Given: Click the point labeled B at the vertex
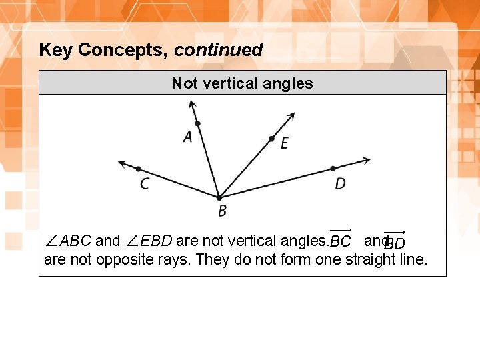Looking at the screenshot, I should [x=219, y=197].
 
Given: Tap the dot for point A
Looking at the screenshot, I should [x=197, y=123].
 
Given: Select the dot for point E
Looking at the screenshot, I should [x=272, y=139].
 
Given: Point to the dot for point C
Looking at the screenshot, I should [x=139, y=169].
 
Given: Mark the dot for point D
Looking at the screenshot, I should [x=333, y=169].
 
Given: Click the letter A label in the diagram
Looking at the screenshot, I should [x=187, y=137].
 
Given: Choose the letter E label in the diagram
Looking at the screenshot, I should [x=285, y=143].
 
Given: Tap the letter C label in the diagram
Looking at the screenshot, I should [x=145, y=183].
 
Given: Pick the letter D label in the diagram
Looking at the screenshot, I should [x=340, y=183].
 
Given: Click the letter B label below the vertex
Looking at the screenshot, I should [x=222, y=211].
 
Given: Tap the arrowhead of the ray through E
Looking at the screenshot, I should [x=291, y=115].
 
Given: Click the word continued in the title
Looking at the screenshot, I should [x=219, y=50].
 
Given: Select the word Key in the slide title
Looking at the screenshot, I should [x=56, y=50].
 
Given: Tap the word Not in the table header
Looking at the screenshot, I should [x=185, y=83].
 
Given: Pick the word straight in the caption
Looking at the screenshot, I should [x=369, y=259].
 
